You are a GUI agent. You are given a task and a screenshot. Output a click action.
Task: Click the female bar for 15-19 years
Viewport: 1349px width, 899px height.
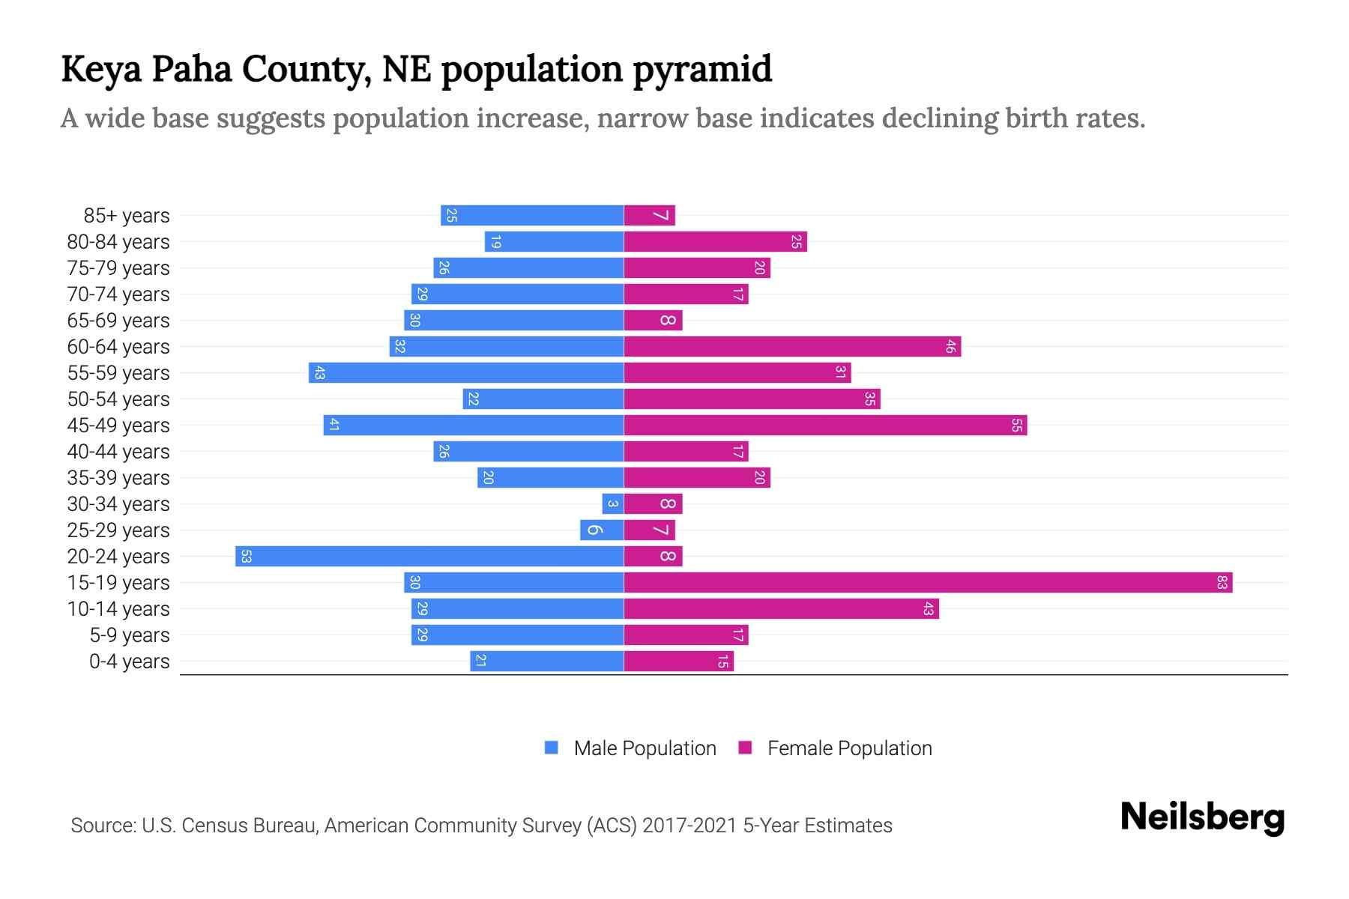click(928, 582)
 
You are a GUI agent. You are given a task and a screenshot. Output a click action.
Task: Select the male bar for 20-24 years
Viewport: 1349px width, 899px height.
click(429, 556)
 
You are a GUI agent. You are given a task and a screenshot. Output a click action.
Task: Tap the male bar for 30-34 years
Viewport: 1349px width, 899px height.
click(612, 503)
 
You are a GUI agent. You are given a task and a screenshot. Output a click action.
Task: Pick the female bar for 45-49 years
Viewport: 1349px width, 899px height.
click(825, 425)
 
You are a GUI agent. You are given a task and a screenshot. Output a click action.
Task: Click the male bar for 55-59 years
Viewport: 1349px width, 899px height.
click(466, 372)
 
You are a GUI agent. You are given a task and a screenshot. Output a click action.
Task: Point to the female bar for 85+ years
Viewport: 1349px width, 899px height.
click(649, 215)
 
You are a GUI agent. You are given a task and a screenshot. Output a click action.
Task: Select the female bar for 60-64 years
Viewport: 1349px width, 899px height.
click(792, 346)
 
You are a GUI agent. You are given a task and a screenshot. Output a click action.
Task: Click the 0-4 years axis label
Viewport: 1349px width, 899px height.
click(129, 662)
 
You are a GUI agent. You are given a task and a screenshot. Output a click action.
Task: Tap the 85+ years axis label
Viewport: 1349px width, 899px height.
click(126, 216)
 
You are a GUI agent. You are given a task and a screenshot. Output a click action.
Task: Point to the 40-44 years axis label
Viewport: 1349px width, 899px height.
click(118, 452)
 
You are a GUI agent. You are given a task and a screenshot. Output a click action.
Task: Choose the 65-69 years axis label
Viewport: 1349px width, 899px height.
click(118, 321)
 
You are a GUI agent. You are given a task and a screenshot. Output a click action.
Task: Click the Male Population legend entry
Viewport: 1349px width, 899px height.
click(645, 748)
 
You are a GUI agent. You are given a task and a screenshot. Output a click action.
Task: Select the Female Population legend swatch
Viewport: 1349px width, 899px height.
click(745, 748)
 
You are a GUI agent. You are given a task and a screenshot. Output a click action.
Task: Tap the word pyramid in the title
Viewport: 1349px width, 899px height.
click(702, 70)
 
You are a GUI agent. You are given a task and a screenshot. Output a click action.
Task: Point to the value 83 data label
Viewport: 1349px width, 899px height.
click(1222, 582)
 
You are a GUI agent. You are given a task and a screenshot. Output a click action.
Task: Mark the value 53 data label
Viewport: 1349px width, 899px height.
click(246, 556)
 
